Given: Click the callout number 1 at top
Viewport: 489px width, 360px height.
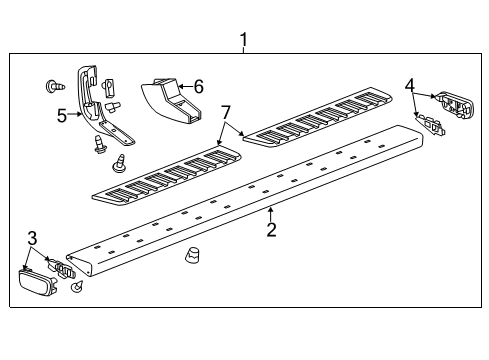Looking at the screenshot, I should pyautogui.click(x=243, y=40).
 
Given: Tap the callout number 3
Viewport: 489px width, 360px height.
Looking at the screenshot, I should pyautogui.click(x=33, y=238).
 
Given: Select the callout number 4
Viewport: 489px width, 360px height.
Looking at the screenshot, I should pyautogui.click(x=409, y=86).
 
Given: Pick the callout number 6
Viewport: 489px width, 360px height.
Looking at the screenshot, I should pyautogui.click(x=198, y=87).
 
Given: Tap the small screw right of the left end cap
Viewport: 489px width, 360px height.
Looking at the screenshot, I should pyautogui.click(x=76, y=288).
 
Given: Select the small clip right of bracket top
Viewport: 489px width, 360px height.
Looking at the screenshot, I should pyautogui.click(x=109, y=83).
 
